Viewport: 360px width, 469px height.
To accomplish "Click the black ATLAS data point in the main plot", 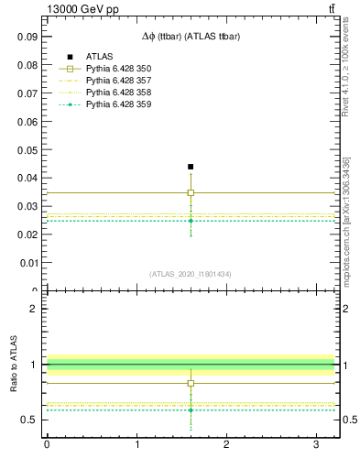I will coord(191,167).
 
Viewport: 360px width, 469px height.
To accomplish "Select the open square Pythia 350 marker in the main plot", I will coord(191,192).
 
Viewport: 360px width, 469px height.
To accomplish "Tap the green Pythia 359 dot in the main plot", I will coord(191,221).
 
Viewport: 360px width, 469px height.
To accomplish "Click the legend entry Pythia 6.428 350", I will coord(118,69).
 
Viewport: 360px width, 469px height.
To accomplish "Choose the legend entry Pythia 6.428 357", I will coord(118,81).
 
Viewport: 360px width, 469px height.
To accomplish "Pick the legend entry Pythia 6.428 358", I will coord(118,93).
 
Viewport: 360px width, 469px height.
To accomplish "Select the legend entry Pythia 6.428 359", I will coord(118,104).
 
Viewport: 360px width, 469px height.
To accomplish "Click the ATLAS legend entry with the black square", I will coord(100,57).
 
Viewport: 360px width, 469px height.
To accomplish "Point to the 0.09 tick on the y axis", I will coord(26,37).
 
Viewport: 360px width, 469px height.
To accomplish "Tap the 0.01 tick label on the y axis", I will coord(26,263).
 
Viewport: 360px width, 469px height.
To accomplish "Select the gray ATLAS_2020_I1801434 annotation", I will coord(190,274).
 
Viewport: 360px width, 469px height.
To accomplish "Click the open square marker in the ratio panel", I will coord(191,383).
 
